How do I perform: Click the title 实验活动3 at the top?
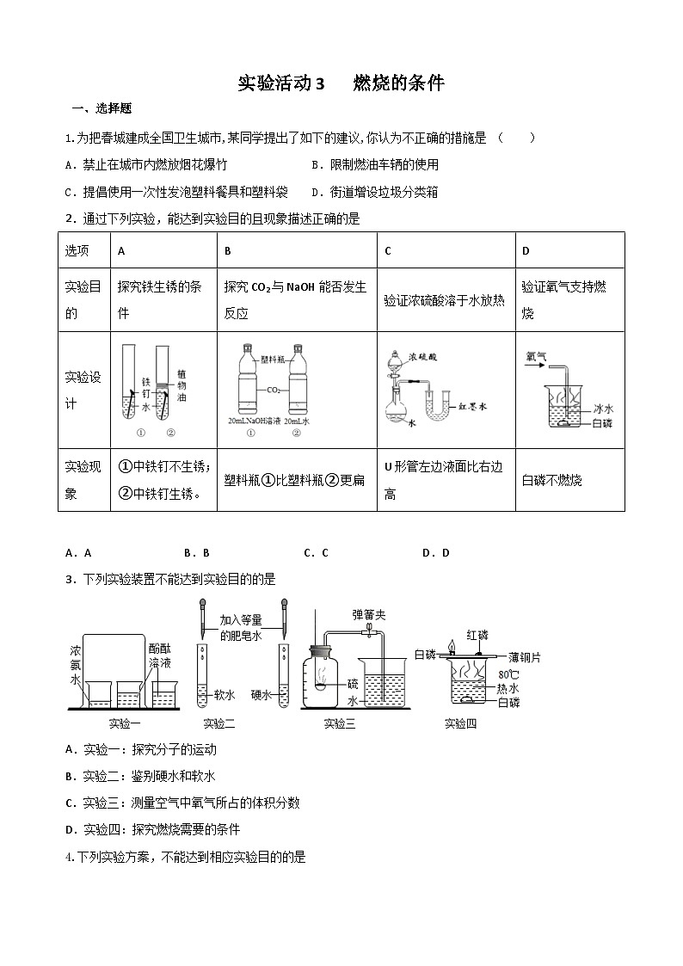(x=281, y=83)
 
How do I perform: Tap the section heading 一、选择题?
(x=102, y=109)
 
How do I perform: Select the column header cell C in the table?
(x=389, y=250)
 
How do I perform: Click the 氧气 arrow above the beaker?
(x=537, y=355)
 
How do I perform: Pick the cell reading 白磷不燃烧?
(x=552, y=480)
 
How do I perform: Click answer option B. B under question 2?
(x=197, y=553)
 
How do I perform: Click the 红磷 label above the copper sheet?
(x=477, y=635)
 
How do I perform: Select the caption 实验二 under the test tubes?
(x=219, y=723)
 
